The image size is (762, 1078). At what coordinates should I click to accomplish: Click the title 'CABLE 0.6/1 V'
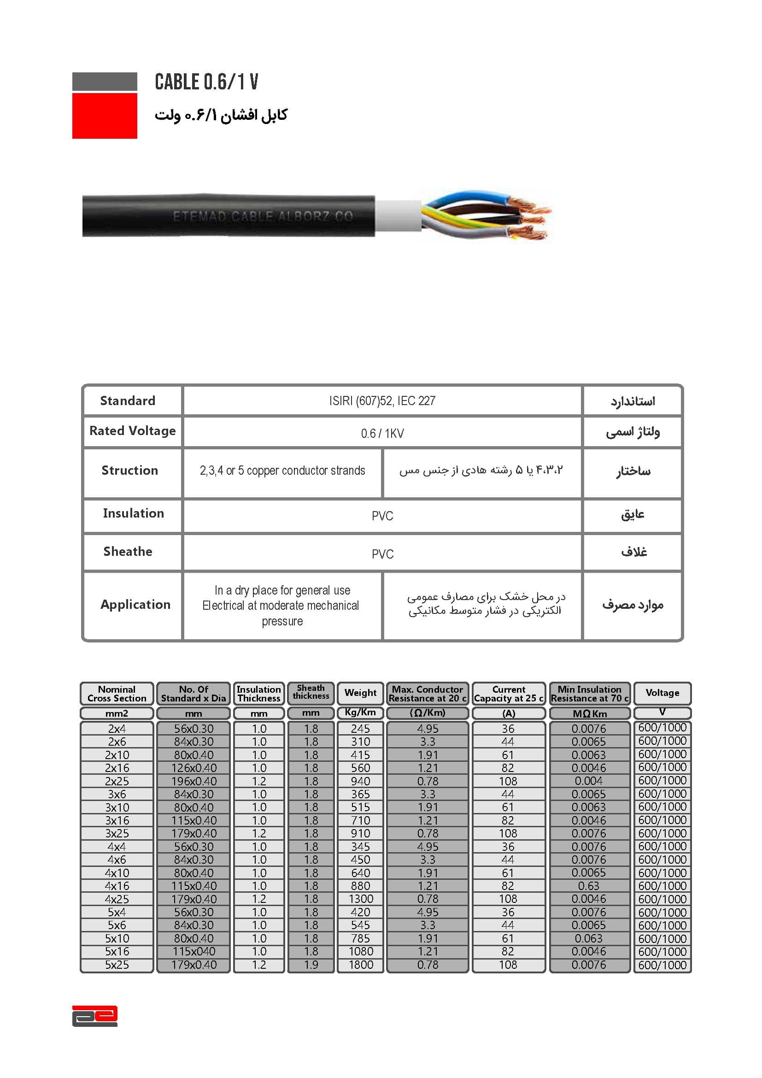coord(206,82)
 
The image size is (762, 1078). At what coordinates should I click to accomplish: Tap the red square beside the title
coord(105,116)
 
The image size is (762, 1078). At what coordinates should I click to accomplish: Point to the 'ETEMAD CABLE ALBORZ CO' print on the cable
coord(263,217)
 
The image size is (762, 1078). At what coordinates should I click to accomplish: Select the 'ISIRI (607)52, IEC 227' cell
coord(382,401)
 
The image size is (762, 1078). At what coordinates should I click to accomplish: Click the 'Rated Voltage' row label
coord(132,431)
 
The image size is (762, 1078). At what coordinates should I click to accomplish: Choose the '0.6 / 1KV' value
coord(382,433)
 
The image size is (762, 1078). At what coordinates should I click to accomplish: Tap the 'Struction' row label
coord(130,471)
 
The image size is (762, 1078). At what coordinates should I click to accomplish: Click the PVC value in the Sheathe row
coord(382,554)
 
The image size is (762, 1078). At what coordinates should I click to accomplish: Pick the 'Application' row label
coord(135,605)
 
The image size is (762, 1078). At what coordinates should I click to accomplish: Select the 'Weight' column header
coord(360,693)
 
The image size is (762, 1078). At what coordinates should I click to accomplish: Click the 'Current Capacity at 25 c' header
coord(509,694)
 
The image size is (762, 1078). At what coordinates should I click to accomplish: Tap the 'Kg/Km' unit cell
coord(360,712)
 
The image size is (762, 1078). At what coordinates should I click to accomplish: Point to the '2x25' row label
coord(117,781)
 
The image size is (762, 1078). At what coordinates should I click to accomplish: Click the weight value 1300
coord(361,899)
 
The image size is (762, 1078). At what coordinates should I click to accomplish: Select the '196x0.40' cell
coord(193,781)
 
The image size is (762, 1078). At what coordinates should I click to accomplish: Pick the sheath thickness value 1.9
coord(311,965)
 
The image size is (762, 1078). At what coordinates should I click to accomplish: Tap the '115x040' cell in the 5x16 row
coord(193,951)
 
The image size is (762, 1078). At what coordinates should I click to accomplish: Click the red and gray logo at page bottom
coord(95,1016)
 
